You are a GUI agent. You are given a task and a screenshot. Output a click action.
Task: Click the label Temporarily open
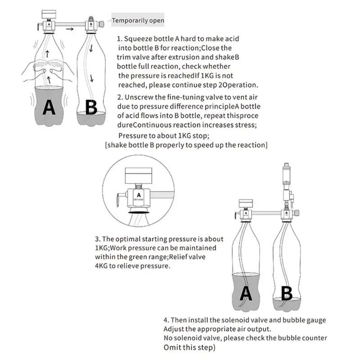(x=138, y=20)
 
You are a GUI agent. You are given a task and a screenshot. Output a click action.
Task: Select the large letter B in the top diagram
(x=91, y=108)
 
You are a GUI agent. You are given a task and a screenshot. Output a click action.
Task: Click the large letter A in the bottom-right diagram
(x=246, y=293)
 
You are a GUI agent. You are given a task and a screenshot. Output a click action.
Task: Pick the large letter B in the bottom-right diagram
(x=287, y=293)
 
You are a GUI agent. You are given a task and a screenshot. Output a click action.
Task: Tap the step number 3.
(x=97, y=239)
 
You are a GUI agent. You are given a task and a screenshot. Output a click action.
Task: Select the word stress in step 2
(x=245, y=125)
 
